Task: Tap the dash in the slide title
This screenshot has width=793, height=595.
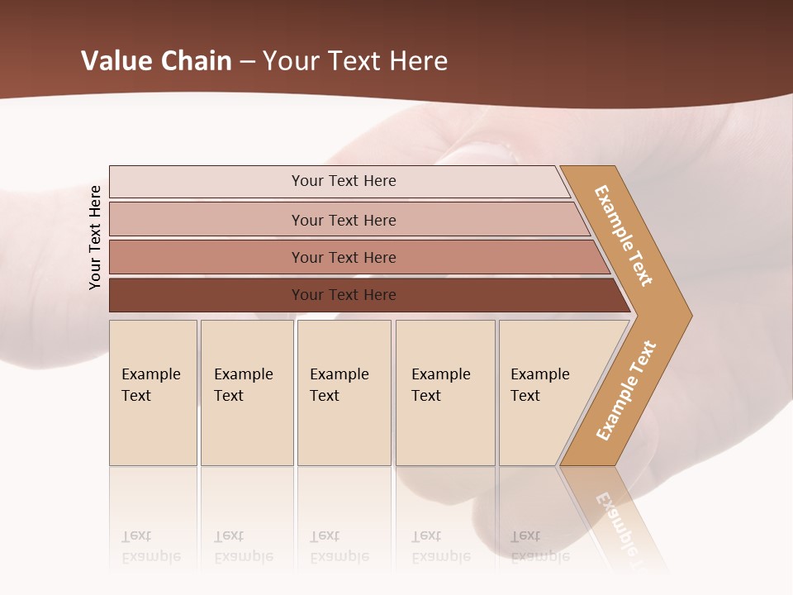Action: click(247, 62)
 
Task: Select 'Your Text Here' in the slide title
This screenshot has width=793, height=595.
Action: click(355, 61)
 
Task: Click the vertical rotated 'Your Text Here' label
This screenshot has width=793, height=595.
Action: click(95, 237)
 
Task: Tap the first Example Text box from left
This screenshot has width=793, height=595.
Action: click(153, 393)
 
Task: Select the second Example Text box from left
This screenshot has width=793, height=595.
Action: click(246, 393)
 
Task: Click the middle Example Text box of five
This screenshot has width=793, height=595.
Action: click(344, 393)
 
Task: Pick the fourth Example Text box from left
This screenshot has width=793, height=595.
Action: click(445, 393)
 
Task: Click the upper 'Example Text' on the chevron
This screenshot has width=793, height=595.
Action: click(624, 236)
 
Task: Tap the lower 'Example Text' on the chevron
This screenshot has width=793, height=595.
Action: click(625, 391)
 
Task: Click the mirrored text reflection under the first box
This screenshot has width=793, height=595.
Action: click(150, 546)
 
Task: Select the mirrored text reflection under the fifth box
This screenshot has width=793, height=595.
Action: click(539, 546)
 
